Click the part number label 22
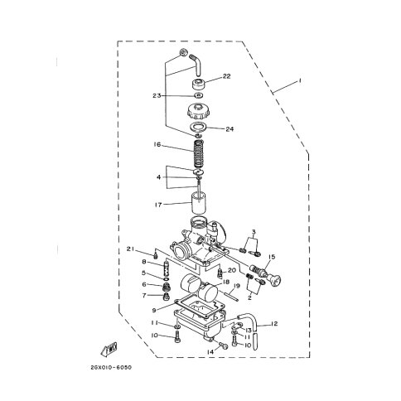[226, 76]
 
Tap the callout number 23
[157, 96]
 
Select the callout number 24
[229, 129]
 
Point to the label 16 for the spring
[157, 144]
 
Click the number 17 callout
[158, 205]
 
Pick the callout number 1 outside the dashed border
[299, 80]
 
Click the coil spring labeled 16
[199, 154]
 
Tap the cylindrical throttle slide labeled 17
[199, 203]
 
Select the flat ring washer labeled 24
[199, 128]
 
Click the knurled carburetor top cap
[199, 110]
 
